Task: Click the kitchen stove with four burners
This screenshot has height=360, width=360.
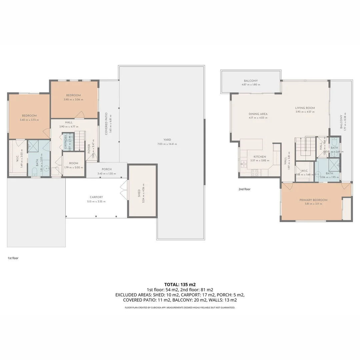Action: coord(254,172)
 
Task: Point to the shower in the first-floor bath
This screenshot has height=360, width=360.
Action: coord(33,145)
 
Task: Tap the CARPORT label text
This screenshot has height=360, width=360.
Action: coord(96,197)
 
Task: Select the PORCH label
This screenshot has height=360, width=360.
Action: coord(107,169)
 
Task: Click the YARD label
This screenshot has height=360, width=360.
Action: coord(167,140)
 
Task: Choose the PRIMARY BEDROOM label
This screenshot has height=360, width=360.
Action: coord(313,200)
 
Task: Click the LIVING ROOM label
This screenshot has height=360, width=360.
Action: coord(305,108)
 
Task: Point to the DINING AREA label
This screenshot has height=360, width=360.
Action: coord(258,114)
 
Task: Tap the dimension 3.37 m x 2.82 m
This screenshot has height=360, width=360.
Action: coord(259,160)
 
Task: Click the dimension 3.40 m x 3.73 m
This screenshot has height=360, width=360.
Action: coord(29,120)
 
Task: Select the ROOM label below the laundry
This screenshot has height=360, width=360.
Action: coord(74,163)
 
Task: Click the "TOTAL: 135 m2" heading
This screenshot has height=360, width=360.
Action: coord(180,284)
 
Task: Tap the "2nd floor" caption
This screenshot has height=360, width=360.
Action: coord(244,189)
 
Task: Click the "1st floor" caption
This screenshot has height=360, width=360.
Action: coord(13,258)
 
